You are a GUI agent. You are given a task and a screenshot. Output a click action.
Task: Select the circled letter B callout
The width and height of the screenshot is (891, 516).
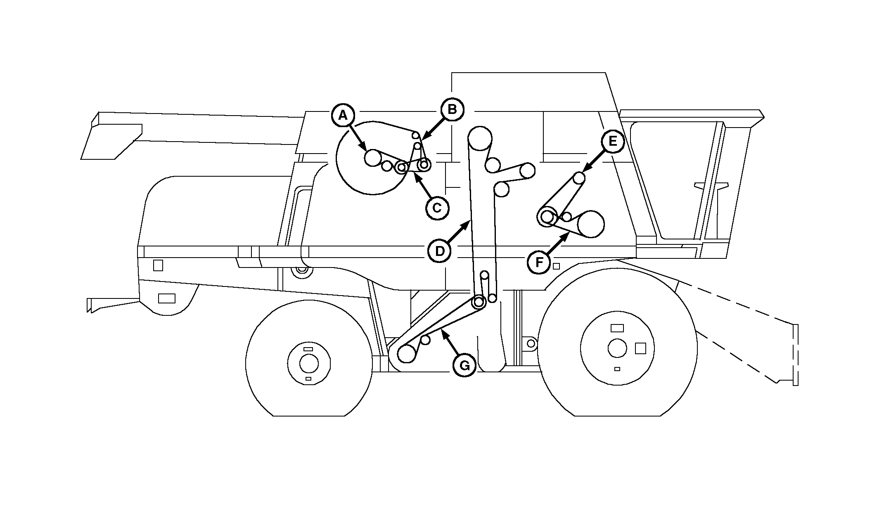pos(452,109)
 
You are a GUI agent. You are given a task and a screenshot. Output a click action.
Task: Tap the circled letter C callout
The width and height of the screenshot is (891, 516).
pos(437,208)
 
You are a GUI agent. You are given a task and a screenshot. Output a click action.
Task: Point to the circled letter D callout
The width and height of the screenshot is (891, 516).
pos(440,251)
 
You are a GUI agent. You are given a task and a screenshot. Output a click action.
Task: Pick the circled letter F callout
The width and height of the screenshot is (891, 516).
pos(539,262)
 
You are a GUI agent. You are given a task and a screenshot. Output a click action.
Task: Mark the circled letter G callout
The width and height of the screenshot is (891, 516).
pos(464,365)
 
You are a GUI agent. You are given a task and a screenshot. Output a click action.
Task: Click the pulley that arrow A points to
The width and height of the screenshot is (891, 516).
pos(373,158)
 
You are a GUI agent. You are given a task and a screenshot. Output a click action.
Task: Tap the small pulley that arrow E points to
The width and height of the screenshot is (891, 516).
pos(579,178)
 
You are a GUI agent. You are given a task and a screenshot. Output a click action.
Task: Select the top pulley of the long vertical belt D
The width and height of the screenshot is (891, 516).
pos(479,138)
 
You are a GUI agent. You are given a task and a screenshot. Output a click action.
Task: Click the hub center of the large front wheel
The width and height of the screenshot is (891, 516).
pos(617,348)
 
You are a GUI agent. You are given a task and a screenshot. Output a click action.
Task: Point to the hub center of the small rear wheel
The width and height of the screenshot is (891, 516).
pos(309,364)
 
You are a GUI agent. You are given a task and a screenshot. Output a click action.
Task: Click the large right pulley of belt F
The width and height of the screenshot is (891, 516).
pos(591,224)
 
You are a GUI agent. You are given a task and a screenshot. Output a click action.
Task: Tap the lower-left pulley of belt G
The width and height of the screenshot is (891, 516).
pos(407,353)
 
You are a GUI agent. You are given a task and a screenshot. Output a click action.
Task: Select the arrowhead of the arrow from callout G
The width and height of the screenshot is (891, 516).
pos(443,331)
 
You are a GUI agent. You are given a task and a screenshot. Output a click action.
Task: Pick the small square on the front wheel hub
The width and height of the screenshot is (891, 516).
pos(640,348)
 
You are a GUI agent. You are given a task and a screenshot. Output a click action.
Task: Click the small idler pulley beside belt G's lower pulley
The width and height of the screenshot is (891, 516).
pos(425,339)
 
